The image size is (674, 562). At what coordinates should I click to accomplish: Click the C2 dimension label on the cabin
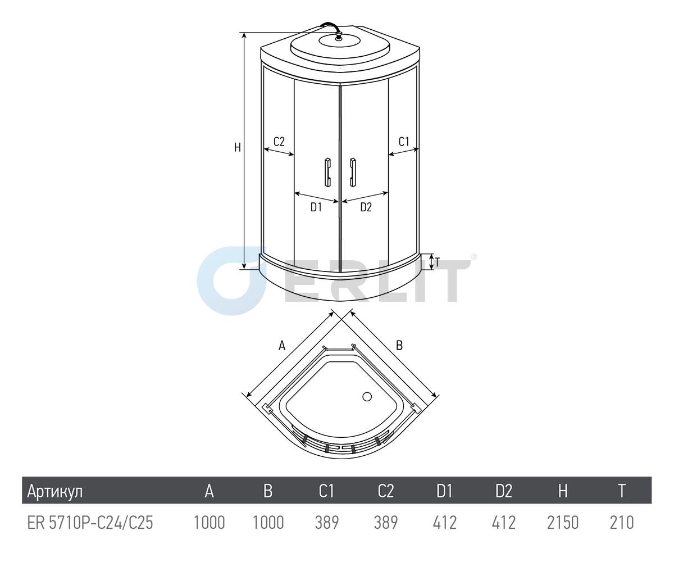(x=279, y=142)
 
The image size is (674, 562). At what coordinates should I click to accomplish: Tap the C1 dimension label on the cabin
(x=404, y=142)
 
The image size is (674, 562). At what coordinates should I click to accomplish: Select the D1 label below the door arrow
(x=316, y=207)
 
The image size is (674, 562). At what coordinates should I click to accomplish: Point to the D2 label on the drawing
(x=366, y=207)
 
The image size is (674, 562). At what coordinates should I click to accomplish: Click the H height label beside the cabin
(x=238, y=148)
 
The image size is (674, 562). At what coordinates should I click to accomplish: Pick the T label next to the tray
(x=438, y=262)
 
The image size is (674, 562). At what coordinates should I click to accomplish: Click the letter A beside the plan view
(x=282, y=346)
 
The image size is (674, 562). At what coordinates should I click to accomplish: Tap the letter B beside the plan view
(x=399, y=346)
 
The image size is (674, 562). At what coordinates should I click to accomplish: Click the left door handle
(x=327, y=172)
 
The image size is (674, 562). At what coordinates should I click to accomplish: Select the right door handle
(x=353, y=172)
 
